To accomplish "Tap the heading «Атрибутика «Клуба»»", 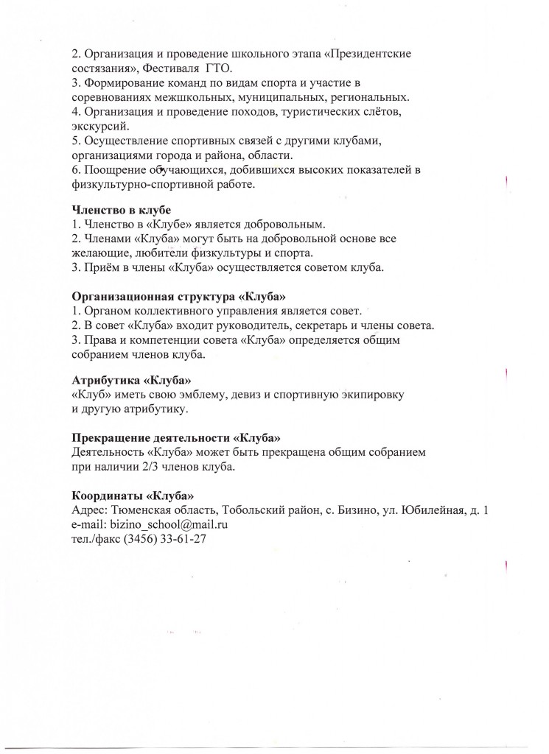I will point(131,381).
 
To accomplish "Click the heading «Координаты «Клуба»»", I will point(133,495).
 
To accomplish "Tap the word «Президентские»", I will point(374,54).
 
